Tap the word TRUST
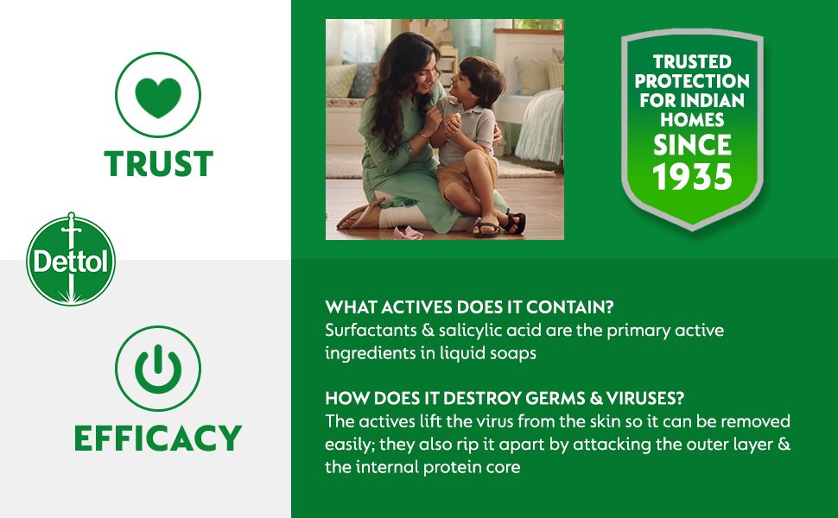[159, 163]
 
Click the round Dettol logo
[71, 260]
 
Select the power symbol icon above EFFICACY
[158, 369]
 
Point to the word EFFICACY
[158, 438]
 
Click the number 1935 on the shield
[692, 177]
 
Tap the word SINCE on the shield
[692, 145]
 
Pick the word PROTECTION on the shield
[692, 81]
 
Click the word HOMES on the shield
[692, 120]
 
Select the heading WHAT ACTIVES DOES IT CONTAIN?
[469, 307]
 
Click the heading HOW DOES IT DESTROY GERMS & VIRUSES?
[505, 398]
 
